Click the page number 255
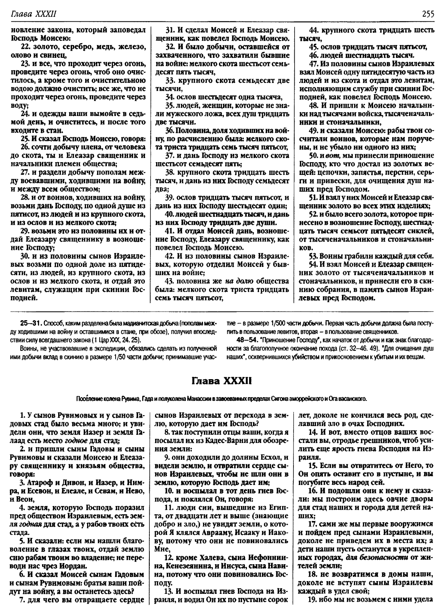tap(428, 14)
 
